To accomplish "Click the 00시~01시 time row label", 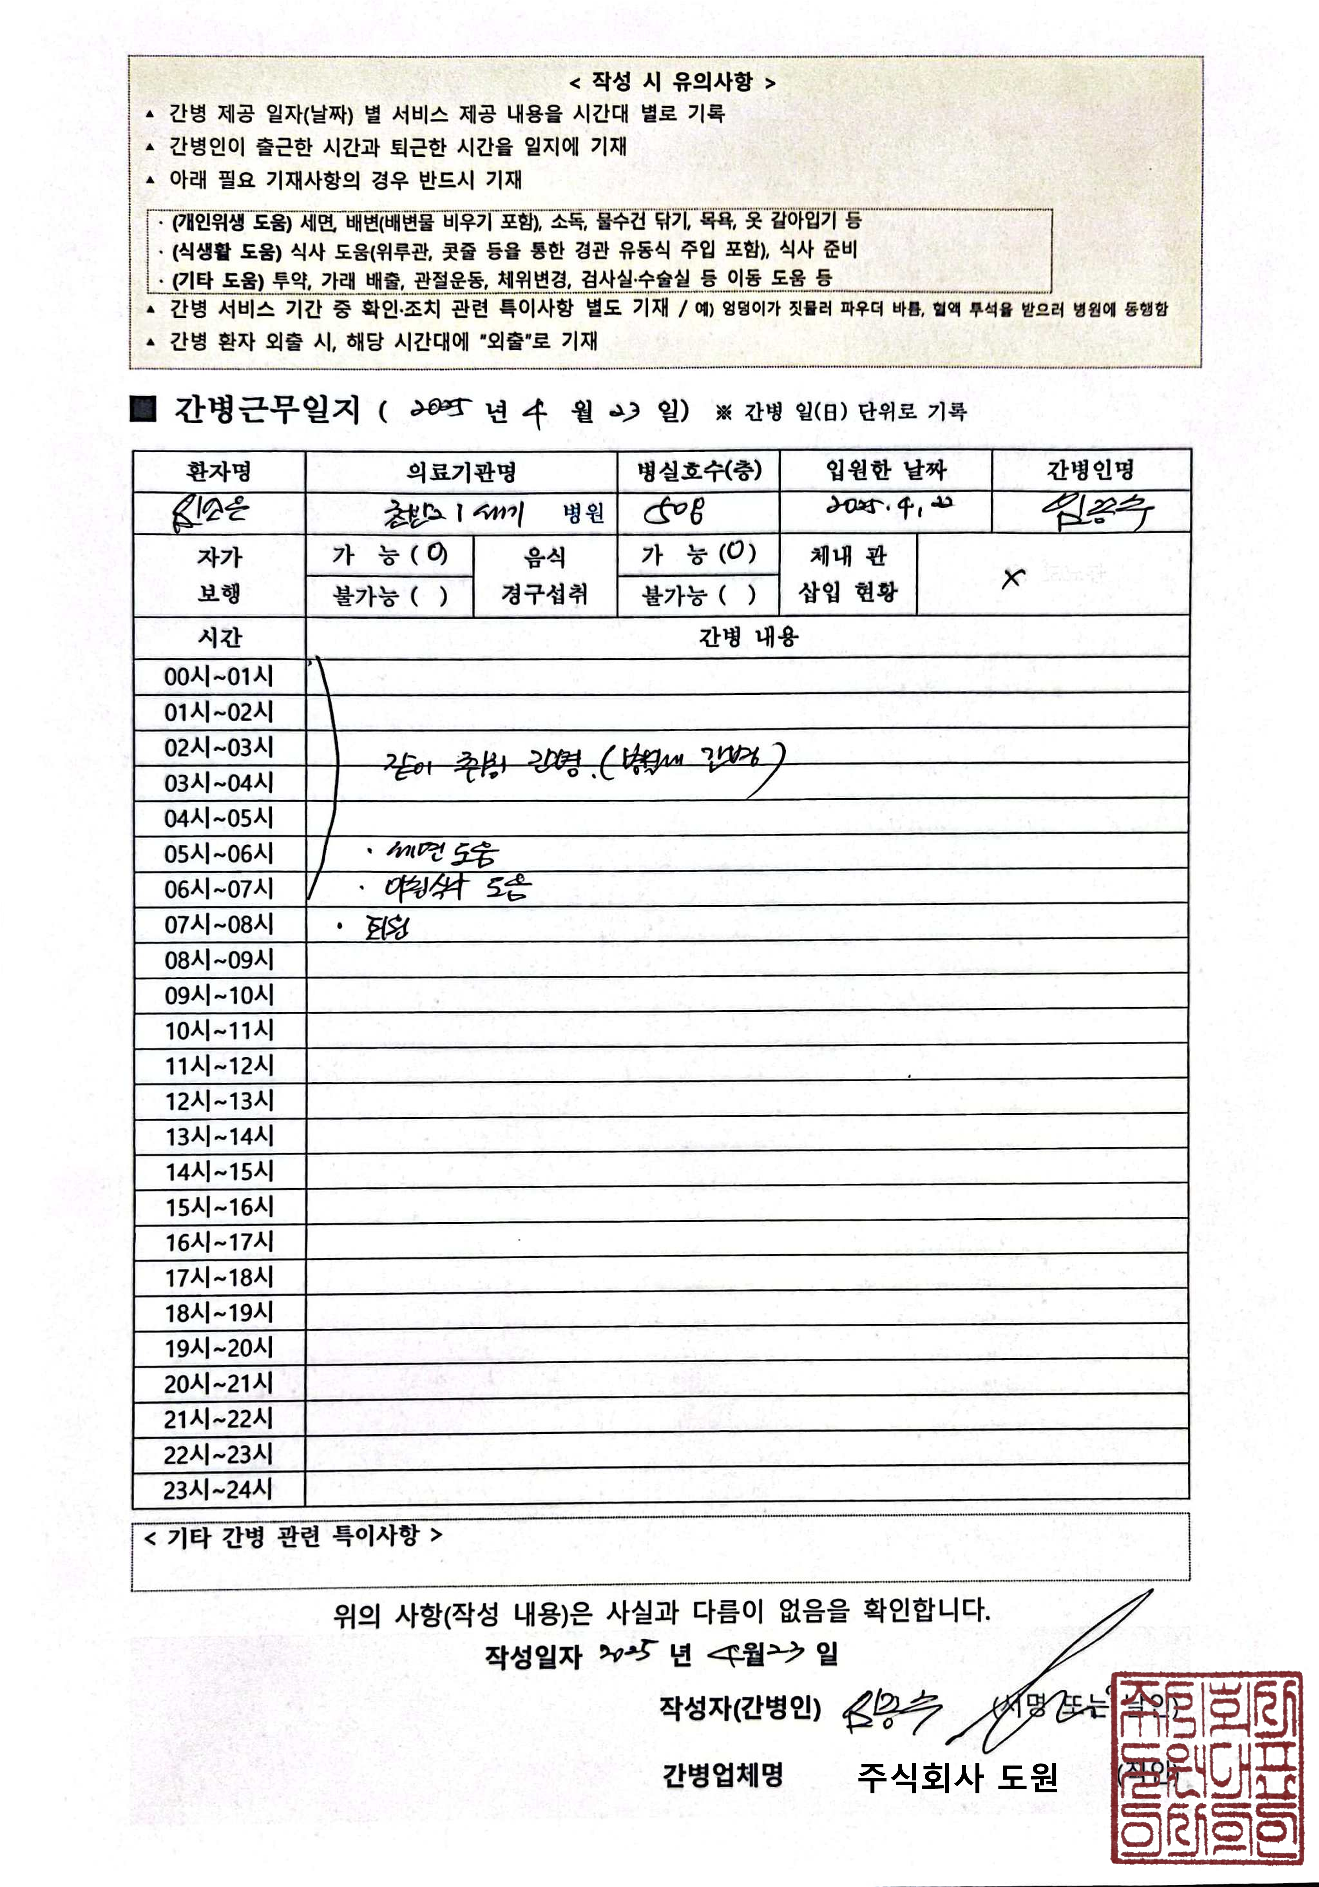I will point(219,676).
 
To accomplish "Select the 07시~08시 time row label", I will point(219,925).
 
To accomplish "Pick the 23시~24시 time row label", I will point(219,1489).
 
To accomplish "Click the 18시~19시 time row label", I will point(219,1312).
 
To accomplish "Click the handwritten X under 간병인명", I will point(1013,578).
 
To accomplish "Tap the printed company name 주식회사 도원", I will point(957,1778).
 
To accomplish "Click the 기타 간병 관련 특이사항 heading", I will point(293,1535).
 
